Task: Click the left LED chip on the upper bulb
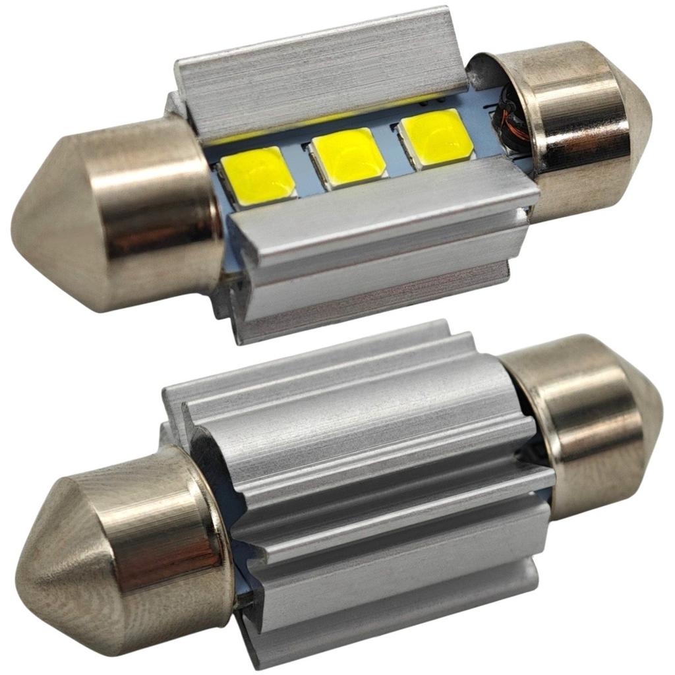click(258, 176)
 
